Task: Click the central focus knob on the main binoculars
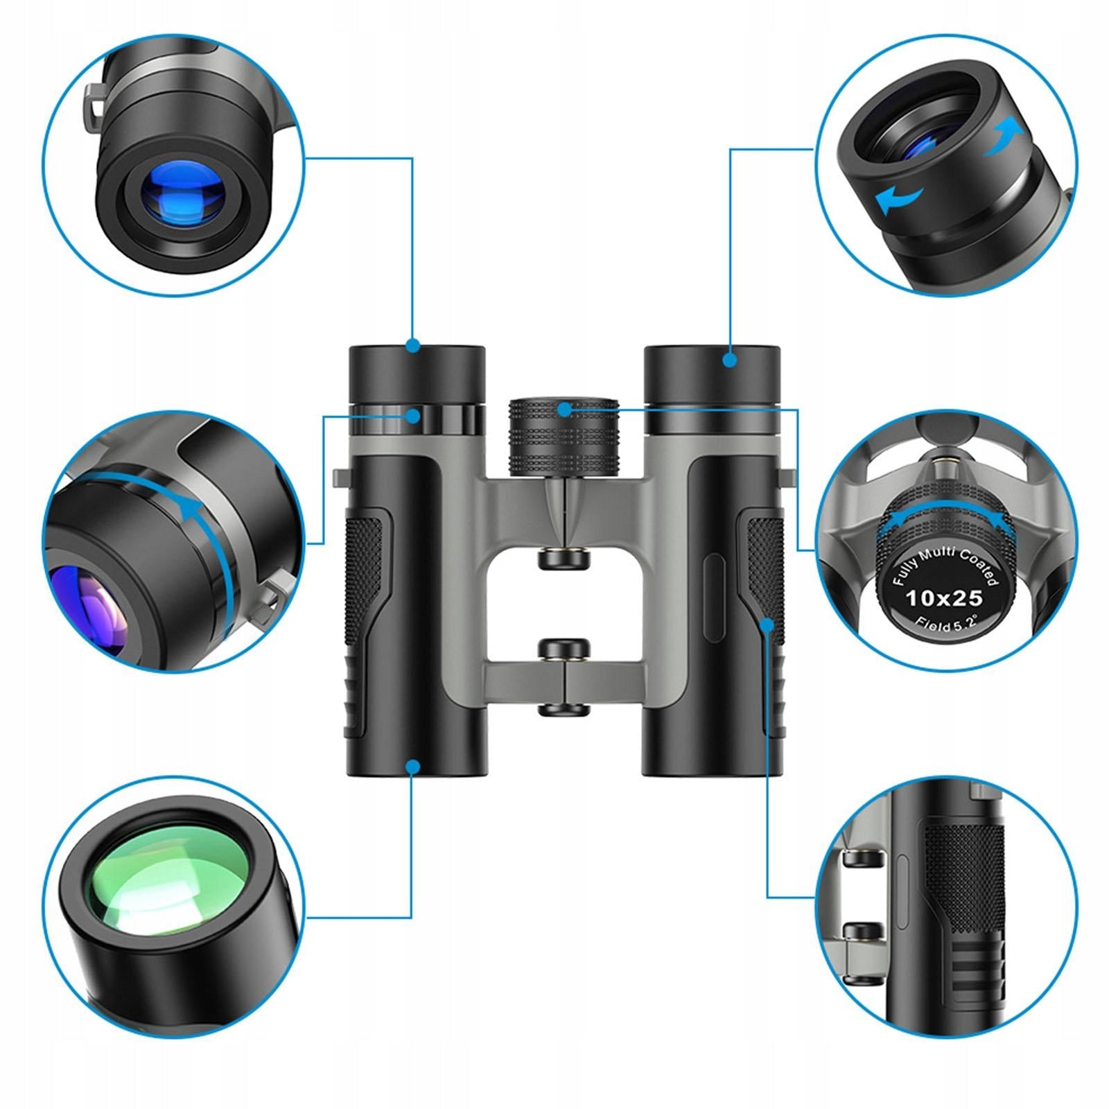[564, 437]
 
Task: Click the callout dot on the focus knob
[564, 409]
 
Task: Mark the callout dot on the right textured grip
[767, 624]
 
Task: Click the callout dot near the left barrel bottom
[413, 766]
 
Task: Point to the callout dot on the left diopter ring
[413, 416]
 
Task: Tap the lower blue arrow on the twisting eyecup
[899, 200]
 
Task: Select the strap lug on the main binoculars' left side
[339, 478]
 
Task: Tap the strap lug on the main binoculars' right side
[789, 478]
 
